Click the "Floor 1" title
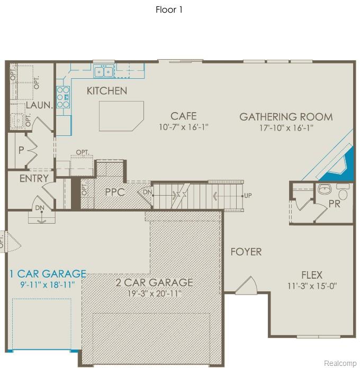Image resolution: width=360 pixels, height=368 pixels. click(x=169, y=10)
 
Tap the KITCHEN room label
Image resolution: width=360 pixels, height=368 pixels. click(x=107, y=91)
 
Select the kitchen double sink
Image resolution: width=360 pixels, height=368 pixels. click(x=104, y=71)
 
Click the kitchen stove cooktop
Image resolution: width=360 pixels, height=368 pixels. click(x=63, y=97)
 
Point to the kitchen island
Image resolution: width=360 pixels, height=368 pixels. click(x=121, y=116)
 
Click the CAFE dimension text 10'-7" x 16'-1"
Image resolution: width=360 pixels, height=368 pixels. click(x=184, y=127)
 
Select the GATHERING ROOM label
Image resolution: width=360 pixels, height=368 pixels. click(x=286, y=117)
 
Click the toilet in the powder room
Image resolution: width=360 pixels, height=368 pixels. click(x=343, y=191)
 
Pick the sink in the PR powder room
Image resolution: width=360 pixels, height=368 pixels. click(x=325, y=189)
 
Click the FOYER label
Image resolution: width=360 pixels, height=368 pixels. click(x=246, y=252)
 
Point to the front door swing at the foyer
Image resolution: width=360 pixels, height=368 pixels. click(x=247, y=286)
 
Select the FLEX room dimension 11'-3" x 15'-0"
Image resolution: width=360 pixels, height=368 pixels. click(x=312, y=286)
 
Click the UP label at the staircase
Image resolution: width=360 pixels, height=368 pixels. click(x=248, y=196)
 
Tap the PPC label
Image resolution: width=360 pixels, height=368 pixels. click(x=115, y=192)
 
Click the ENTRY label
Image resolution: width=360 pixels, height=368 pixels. click(x=34, y=178)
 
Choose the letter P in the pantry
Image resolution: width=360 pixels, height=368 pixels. click(x=21, y=150)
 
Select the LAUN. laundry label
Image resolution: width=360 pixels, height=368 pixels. click(x=39, y=105)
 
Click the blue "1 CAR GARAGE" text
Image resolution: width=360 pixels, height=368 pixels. click(x=48, y=274)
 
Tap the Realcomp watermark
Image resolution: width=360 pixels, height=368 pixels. click(x=340, y=363)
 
